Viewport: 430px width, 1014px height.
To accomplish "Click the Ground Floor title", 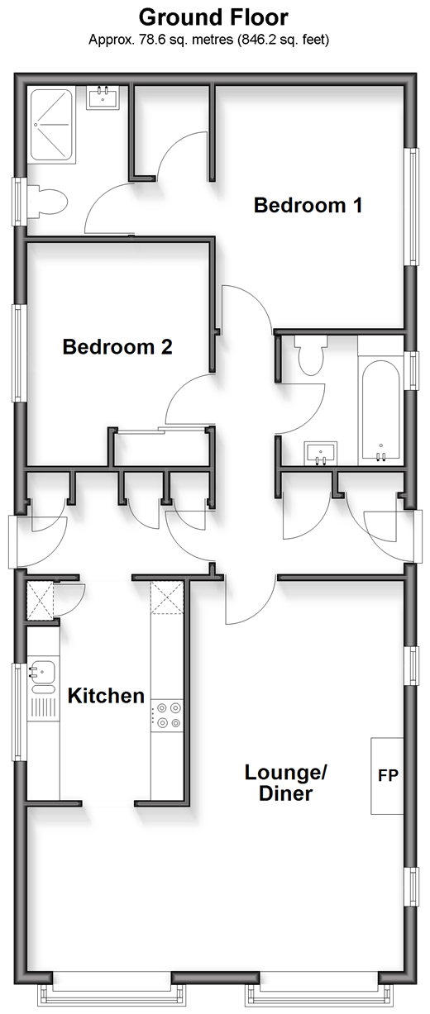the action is [x=213, y=17].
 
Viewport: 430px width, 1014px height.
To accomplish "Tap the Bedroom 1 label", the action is [x=308, y=205].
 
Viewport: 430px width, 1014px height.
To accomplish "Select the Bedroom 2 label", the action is [x=117, y=347].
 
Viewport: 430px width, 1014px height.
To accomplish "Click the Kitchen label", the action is [x=106, y=695].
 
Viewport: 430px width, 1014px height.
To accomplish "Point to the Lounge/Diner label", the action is [x=285, y=783].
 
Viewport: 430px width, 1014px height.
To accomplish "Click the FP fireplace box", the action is [x=387, y=776].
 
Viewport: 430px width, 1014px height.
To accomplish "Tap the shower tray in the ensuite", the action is [x=51, y=126].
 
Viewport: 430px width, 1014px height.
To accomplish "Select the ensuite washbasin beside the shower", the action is [x=103, y=98].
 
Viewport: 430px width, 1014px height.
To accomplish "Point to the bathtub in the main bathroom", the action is [x=380, y=412].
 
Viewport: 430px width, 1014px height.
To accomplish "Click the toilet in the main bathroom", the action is [x=311, y=355].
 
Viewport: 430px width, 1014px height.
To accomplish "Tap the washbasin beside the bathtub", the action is [x=321, y=454].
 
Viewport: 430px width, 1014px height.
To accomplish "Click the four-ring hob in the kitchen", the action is [x=167, y=715].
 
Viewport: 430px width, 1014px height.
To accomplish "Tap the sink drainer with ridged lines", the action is [x=44, y=707].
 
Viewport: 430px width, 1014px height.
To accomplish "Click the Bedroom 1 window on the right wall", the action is [x=412, y=207].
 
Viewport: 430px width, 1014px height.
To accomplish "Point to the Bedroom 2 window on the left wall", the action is [x=19, y=353].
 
